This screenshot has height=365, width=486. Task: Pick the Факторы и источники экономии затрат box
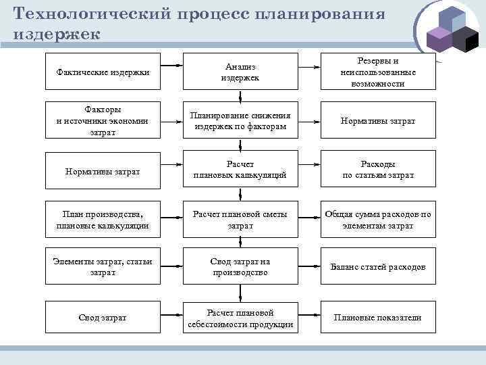103,121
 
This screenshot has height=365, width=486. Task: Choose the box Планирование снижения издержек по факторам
240,121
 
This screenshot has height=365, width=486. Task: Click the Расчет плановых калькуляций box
240,170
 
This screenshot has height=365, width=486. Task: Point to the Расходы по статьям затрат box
378,170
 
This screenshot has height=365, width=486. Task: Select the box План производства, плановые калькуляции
103,220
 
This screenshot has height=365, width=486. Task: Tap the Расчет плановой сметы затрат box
240,220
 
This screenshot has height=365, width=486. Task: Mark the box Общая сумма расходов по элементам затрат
378,220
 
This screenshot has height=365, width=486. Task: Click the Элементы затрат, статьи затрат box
103,267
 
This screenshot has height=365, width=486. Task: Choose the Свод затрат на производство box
240,267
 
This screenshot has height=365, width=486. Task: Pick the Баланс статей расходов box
378,267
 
